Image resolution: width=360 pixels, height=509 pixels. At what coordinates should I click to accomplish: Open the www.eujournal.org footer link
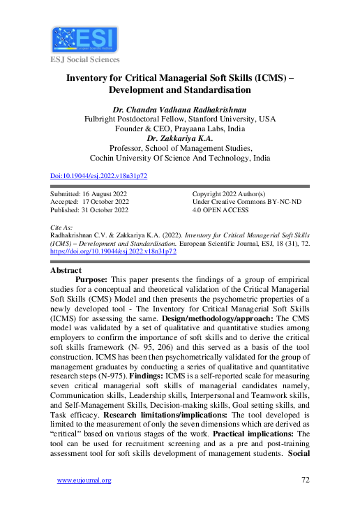[x=84, y=480]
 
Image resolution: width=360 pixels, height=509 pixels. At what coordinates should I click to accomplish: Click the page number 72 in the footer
[x=305, y=480]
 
